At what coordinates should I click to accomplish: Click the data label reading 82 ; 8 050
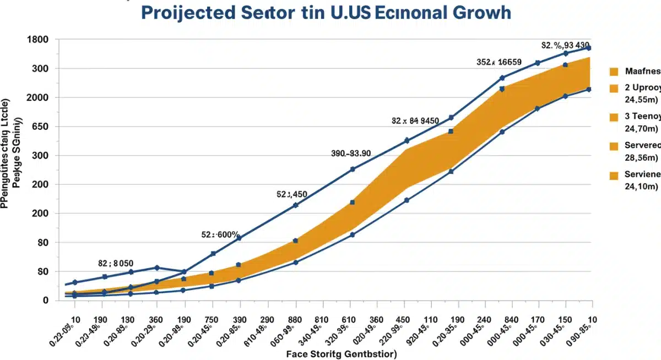[116, 263]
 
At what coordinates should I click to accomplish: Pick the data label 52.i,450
[291, 194]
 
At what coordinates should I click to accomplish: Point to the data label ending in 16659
[499, 63]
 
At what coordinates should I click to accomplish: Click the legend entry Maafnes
[642, 71]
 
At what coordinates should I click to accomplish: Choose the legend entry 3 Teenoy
[642, 116]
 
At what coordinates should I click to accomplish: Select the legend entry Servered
[642, 145]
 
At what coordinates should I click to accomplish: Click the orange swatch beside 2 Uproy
[615, 88]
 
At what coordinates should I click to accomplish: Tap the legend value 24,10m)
[641, 187]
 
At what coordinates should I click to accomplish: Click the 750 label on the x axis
[211, 320]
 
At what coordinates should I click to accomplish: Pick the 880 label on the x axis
[295, 320]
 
